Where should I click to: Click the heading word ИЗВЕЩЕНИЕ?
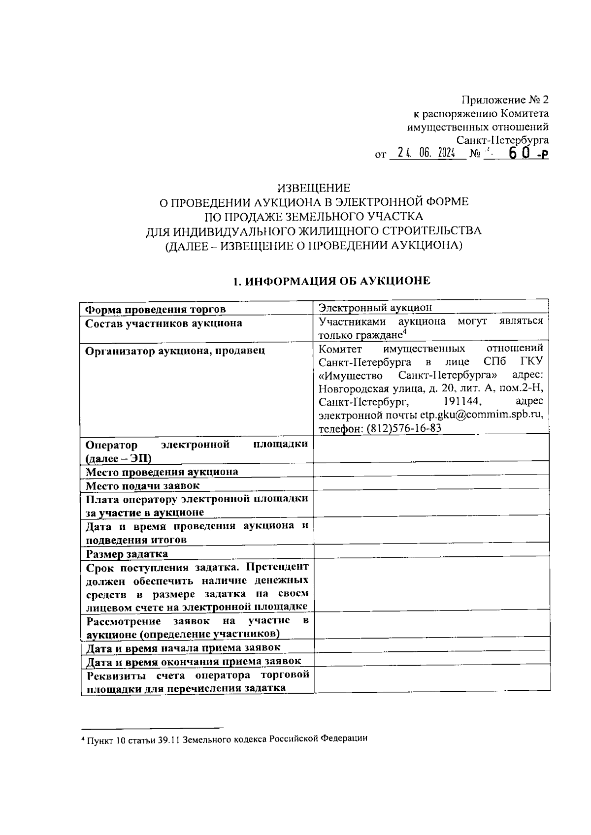314,188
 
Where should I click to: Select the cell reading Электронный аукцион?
375,308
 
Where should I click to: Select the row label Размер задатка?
127,554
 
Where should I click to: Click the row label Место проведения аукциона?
162,472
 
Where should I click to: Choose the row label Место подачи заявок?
143,485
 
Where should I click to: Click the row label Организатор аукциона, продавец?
175,351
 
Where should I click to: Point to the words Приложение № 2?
505,100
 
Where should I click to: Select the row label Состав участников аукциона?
164,323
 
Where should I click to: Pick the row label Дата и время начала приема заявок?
183,647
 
